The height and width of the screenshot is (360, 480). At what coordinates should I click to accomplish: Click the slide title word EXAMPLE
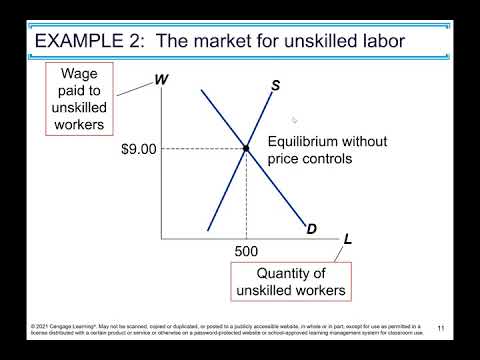[x=81, y=41]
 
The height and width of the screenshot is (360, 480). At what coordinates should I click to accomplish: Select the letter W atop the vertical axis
[x=160, y=82]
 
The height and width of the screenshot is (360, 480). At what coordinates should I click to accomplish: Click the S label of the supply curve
[x=275, y=85]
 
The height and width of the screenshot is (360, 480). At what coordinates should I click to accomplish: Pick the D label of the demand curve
[x=311, y=229]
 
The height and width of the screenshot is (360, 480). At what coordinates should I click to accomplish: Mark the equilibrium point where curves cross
[x=246, y=149]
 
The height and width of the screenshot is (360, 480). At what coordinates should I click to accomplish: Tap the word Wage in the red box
[x=81, y=74]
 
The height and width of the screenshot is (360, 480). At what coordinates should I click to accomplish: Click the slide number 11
[x=440, y=328]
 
